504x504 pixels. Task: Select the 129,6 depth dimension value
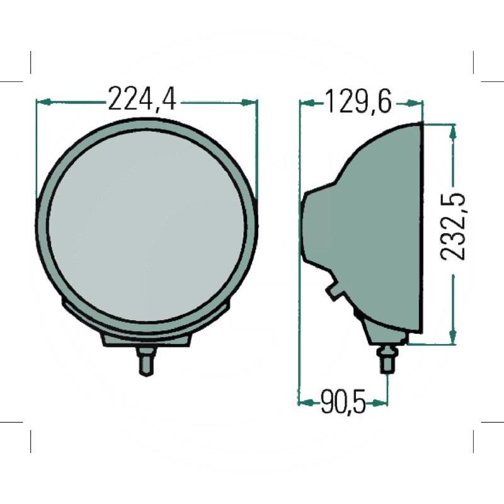[x=358, y=101]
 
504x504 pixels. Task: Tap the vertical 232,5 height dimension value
[x=452, y=227]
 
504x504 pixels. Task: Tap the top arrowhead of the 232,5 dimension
[x=452, y=129]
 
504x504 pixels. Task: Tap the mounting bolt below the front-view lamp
[x=146, y=362]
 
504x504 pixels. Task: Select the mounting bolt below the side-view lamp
[x=386, y=360]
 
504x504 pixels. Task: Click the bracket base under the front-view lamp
[x=146, y=339]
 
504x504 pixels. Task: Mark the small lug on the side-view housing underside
[x=333, y=291]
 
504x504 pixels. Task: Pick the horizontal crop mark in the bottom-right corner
[x=492, y=422]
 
